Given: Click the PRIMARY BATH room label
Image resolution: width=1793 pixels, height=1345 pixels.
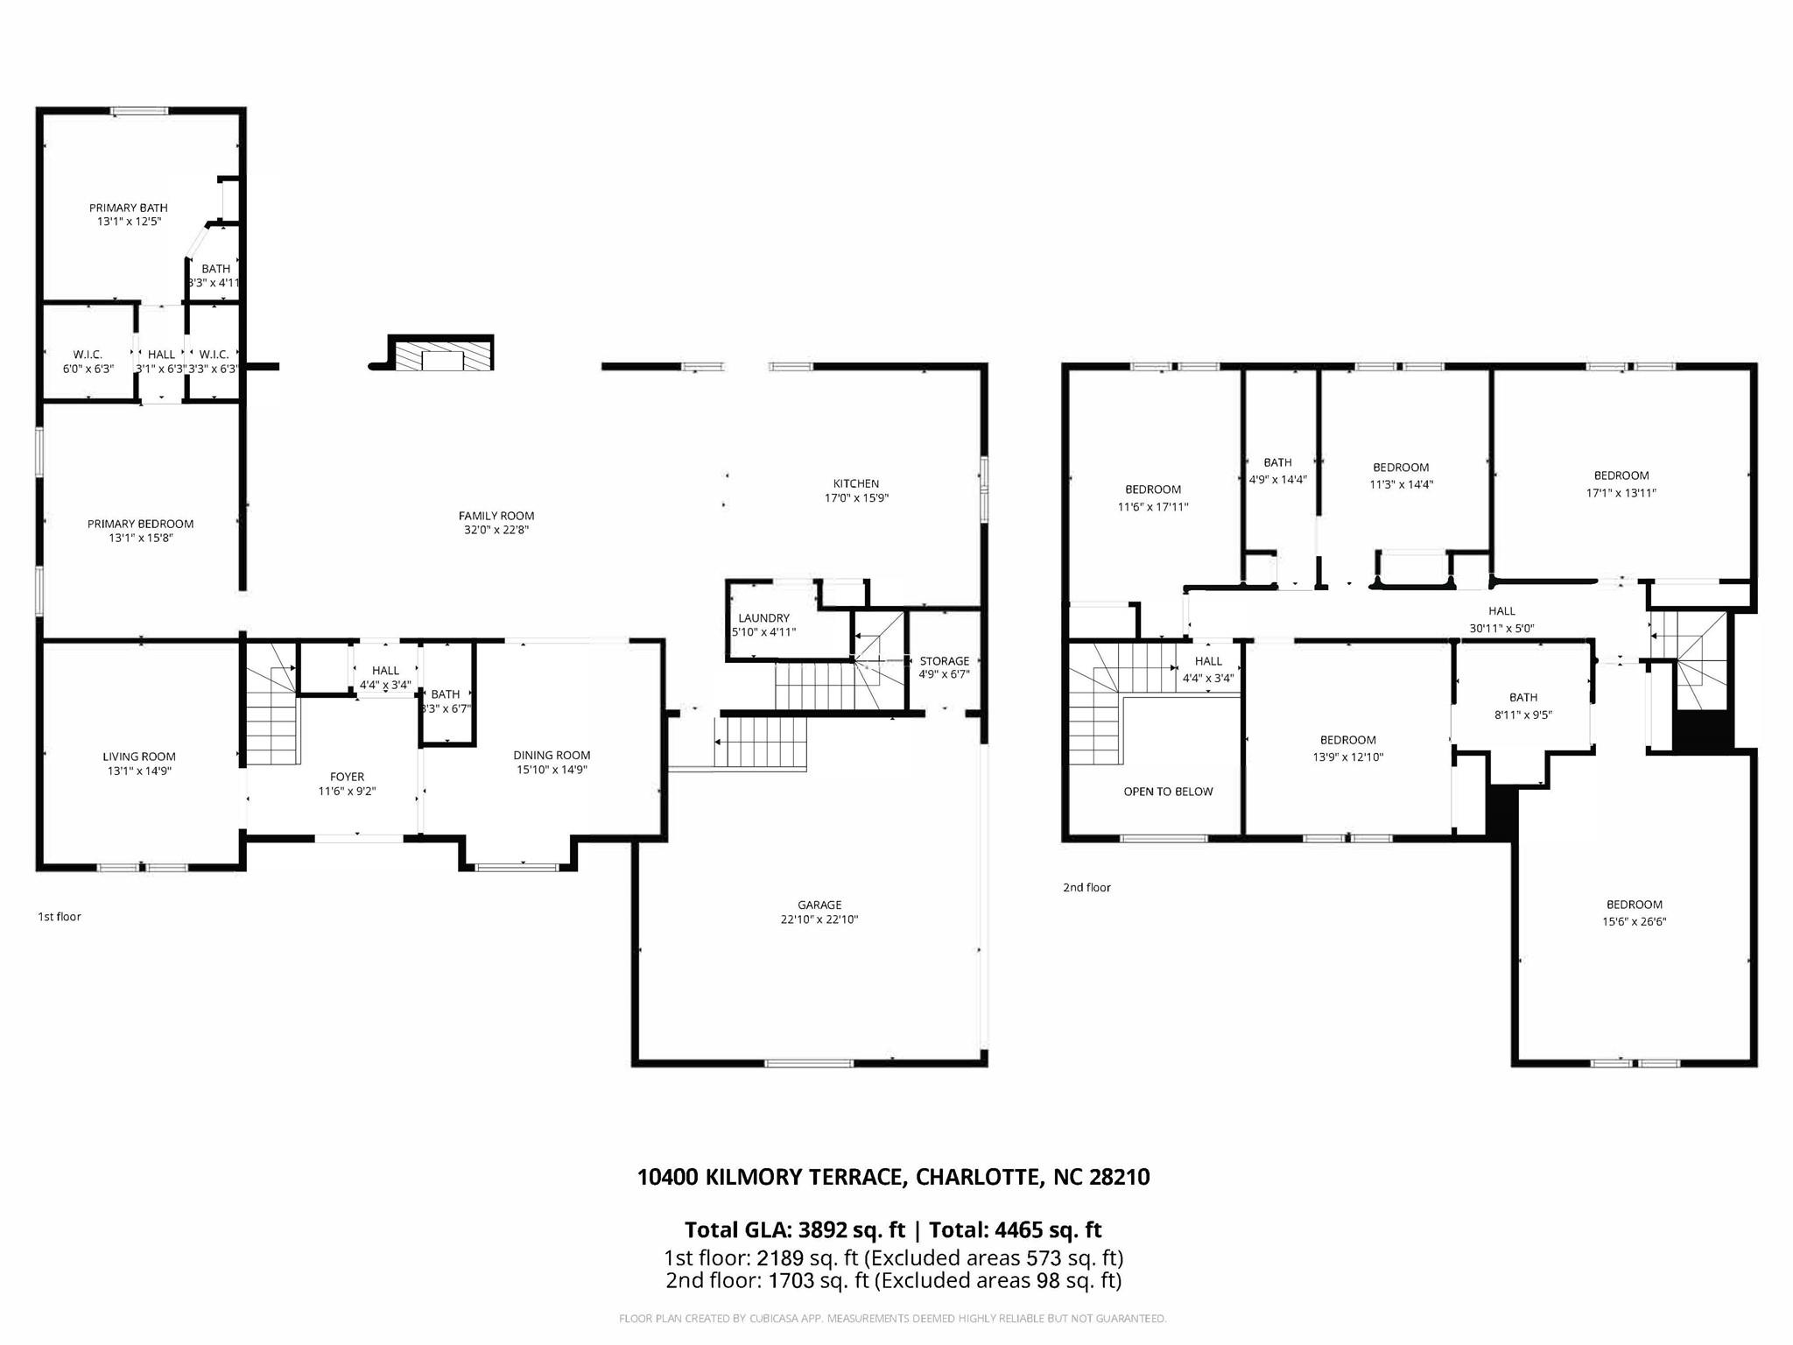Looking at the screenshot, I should pos(129,208).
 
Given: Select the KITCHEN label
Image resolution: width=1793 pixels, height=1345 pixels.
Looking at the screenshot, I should pos(855,483).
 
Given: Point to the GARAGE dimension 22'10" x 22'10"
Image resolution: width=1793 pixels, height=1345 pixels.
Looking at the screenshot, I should pos(819,919).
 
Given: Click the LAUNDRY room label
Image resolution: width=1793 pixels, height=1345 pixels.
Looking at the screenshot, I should pos(763,618).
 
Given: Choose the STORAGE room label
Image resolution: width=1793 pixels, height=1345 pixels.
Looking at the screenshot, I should pos(944,661).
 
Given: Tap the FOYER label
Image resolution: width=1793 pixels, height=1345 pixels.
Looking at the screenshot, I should pos(347,777).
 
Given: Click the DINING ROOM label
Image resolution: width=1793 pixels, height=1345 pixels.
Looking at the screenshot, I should pos(552,755).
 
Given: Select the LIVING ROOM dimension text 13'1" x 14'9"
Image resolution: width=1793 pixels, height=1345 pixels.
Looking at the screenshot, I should pos(139,771).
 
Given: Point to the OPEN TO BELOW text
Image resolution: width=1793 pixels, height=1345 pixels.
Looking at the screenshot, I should pos(1168,792).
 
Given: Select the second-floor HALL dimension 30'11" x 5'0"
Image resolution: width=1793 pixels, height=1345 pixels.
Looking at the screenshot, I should pos(1501,628).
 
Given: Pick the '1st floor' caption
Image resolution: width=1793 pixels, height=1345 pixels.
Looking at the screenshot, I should pos(59,917).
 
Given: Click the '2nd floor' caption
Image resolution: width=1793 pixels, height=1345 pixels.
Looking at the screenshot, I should pos(1086,887).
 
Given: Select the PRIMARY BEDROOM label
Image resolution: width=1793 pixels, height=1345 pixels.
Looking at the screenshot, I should pos(140,524).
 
